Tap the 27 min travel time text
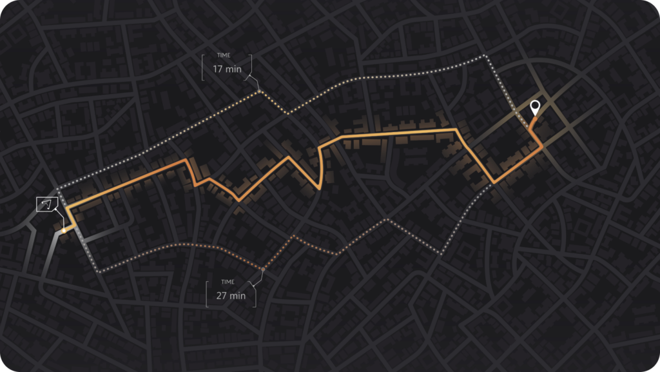click(x=231, y=295)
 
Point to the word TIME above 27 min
click(x=228, y=282)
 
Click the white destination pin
click(x=534, y=108)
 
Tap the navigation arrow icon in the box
click(x=46, y=204)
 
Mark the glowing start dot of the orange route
click(x=64, y=230)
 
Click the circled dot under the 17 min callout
click(x=259, y=92)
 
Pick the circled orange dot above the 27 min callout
click(x=263, y=268)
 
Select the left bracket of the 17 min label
click(x=203, y=67)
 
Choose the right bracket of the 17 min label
click(x=250, y=67)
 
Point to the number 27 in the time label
click(x=222, y=295)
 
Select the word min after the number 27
click(x=238, y=295)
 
